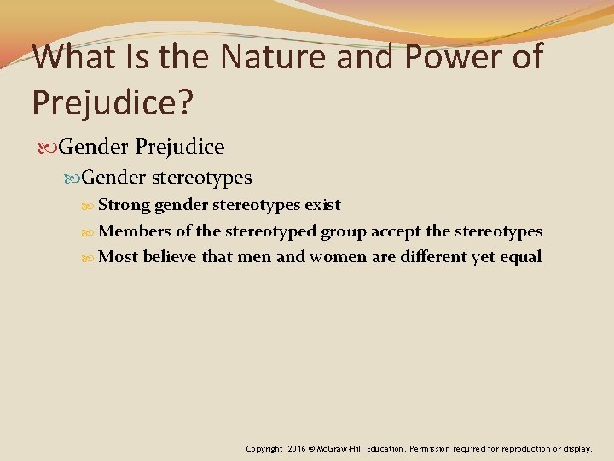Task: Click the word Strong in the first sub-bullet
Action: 125,205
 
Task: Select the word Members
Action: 135,230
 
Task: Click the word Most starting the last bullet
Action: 119,257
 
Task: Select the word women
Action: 338,257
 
